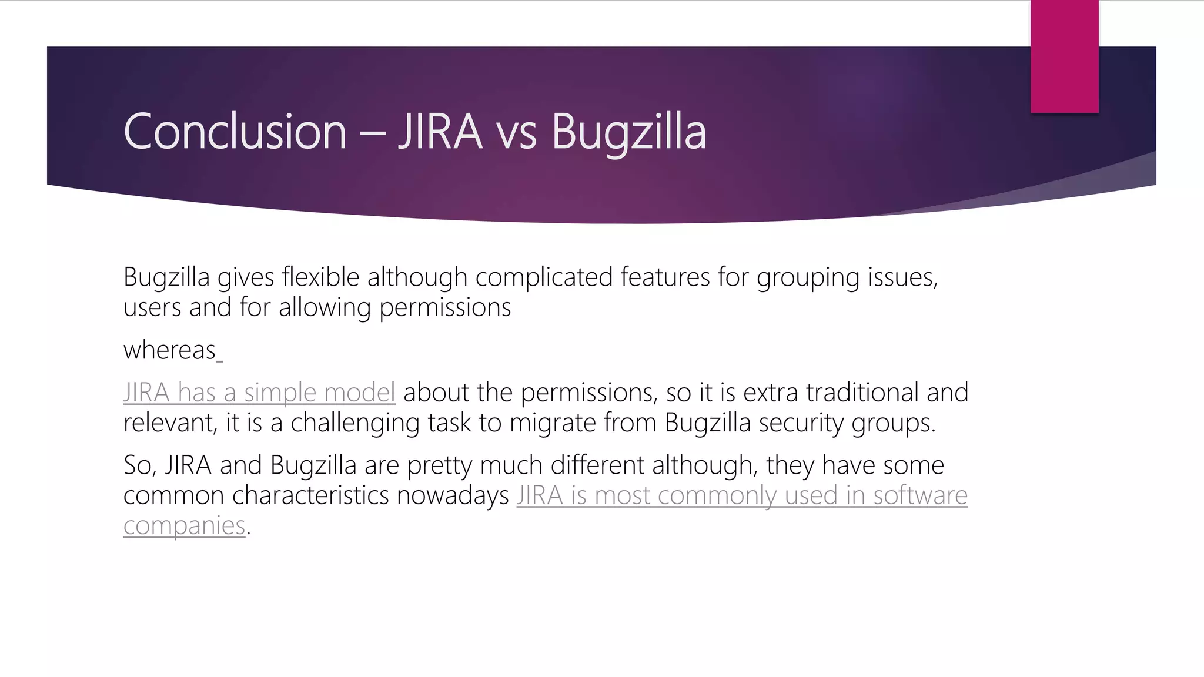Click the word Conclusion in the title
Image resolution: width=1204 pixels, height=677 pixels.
click(x=235, y=132)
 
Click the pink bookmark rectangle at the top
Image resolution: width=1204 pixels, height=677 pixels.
click(x=1064, y=56)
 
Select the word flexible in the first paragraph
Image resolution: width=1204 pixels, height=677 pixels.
click(x=320, y=277)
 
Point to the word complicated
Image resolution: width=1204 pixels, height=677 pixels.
click(x=544, y=277)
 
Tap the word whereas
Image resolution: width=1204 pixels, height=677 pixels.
click(x=170, y=350)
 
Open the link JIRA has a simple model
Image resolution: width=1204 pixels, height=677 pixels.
click(x=259, y=393)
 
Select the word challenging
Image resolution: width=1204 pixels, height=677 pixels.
click(x=355, y=423)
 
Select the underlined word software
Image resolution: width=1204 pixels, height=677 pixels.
click(x=920, y=495)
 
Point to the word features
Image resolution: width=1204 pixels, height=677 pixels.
click(x=665, y=277)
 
